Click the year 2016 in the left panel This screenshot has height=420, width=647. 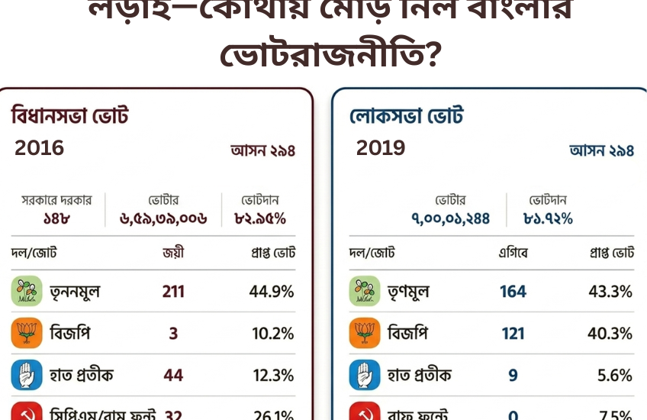[39, 148]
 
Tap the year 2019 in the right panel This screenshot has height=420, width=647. [381, 148]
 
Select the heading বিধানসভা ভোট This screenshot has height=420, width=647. [69, 117]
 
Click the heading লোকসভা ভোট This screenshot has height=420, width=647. [407, 117]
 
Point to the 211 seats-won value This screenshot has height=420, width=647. [173, 292]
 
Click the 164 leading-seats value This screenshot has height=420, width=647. [513, 292]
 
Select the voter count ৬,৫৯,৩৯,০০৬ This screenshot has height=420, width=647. [163, 218]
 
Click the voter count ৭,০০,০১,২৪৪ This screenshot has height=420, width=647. [451, 219]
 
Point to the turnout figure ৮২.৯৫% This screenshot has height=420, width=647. [260, 218]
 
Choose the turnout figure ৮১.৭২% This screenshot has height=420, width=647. [548, 219]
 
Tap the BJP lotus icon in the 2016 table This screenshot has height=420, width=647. [26, 334]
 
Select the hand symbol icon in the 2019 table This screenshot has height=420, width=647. [364, 376]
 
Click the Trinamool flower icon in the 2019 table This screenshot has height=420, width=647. [364, 292]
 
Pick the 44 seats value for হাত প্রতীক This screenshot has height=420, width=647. [173, 376]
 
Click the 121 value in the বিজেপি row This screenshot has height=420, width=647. [513, 334]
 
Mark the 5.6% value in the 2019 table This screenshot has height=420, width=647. [615, 376]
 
